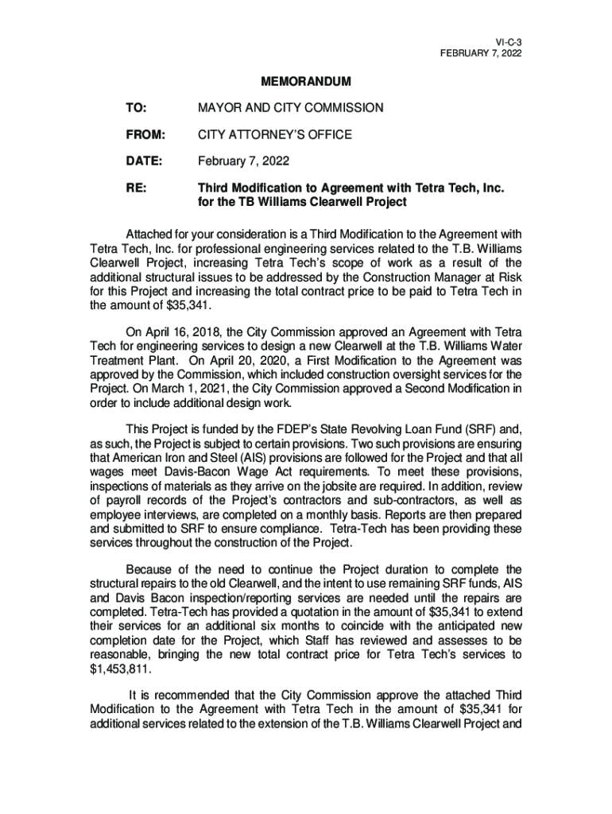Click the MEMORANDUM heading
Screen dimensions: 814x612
[x=306, y=82]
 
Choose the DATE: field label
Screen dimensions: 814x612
[x=144, y=162]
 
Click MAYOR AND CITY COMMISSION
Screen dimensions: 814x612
[x=290, y=107]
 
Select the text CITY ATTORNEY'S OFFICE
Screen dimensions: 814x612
[x=274, y=135]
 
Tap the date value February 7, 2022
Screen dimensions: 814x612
[x=243, y=162]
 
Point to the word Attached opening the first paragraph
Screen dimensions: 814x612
[x=151, y=234]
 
